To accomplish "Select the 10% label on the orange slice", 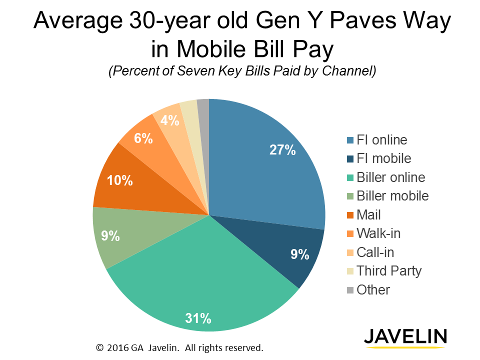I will [x=120, y=180].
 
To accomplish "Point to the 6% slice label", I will [x=143, y=138].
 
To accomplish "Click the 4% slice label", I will [x=169, y=120].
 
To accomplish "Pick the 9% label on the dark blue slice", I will [x=300, y=254].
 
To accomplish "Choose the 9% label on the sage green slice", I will [x=110, y=235].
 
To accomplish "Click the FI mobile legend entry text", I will [x=384, y=158].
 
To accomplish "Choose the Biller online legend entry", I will [x=391, y=177].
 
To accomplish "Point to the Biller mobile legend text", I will [x=392, y=196].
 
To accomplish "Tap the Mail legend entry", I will [x=368, y=215].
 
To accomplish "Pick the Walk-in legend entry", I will [x=378, y=233].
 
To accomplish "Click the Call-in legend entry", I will [x=375, y=252].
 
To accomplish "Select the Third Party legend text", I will [x=389, y=271].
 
